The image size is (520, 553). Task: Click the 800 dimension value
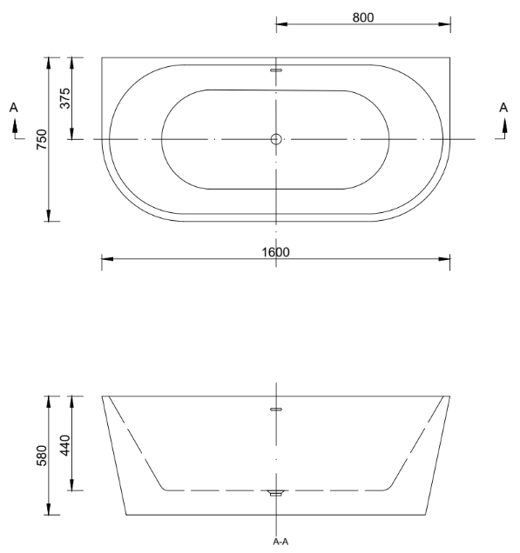363,17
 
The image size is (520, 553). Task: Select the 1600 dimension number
275,252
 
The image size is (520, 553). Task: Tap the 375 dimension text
65,98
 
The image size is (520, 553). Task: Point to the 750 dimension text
42,139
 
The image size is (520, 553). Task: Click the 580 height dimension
42,456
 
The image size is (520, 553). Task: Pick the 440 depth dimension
65,445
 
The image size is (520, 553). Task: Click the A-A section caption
280,542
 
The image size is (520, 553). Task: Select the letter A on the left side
13,108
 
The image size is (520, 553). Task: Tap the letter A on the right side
503,108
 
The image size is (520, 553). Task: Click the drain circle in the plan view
276,139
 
